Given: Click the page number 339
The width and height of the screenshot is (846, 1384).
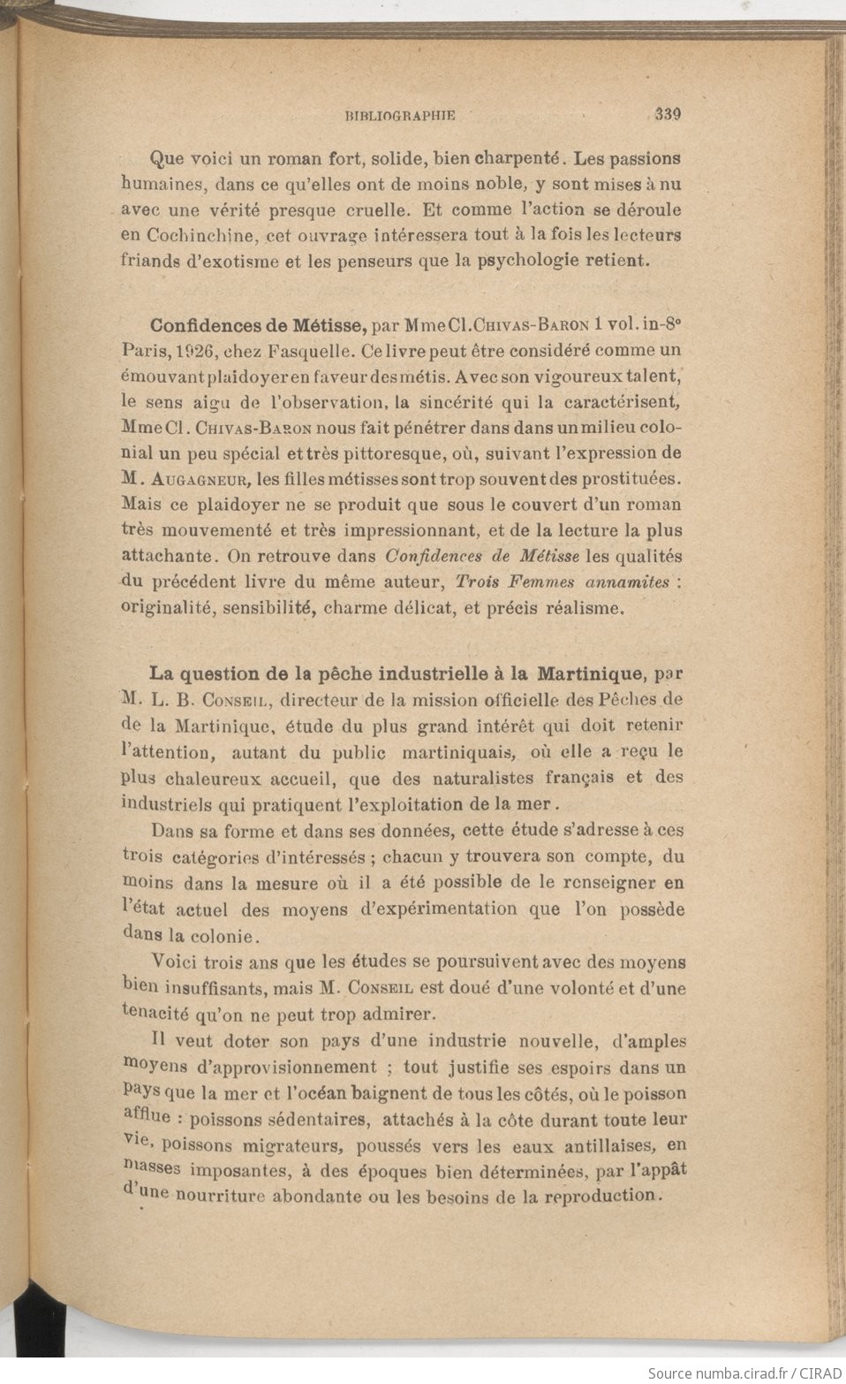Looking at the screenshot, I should point(670,113).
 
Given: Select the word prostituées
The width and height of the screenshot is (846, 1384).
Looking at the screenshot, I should point(633,479).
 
